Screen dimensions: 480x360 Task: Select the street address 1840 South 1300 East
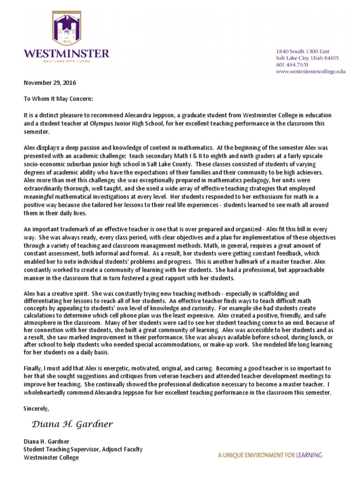coord(302,51)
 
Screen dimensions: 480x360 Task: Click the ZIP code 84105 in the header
coord(329,58)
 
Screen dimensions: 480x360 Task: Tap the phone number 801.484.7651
coord(292,65)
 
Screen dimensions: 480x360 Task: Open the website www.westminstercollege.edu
coord(310,72)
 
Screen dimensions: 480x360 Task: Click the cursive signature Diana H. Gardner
coord(72,425)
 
